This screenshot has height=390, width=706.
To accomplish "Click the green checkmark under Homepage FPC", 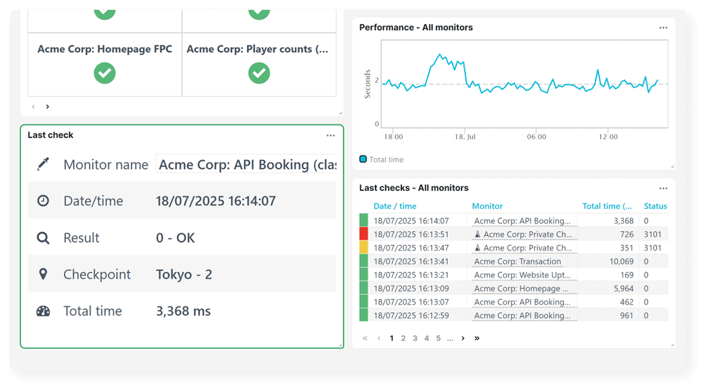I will click(104, 73).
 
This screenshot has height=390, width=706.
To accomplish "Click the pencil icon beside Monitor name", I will click(43, 164).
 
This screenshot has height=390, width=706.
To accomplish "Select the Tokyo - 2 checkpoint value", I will click(184, 275).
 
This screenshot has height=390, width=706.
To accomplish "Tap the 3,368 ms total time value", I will click(183, 311).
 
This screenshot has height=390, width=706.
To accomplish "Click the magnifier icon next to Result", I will click(43, 238).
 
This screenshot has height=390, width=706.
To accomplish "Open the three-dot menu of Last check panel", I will click(330, 135).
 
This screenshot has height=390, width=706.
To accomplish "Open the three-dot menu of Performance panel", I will click(663, 28).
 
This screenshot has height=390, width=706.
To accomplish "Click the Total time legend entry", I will click(386, 160).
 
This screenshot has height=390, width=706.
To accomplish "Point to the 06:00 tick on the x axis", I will click(536, 136).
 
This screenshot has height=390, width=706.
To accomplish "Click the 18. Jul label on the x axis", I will click(464, 136).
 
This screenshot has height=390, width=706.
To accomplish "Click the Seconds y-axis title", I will click(368, 84).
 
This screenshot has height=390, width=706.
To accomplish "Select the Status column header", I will click(655, 206).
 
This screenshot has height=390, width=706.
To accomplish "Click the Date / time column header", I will click(395, 206).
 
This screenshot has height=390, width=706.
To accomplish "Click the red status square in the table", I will click(363, 234).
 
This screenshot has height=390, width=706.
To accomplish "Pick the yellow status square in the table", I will click(363, 248).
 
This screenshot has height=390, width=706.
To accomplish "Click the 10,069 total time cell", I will click(621, 262).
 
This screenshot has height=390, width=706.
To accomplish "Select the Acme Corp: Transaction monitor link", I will click(518, 262).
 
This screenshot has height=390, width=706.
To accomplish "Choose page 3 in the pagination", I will click(415, 338).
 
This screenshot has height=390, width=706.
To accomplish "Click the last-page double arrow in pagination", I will click(477, 338).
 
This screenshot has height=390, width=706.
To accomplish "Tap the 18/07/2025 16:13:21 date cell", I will click(411, 275).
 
